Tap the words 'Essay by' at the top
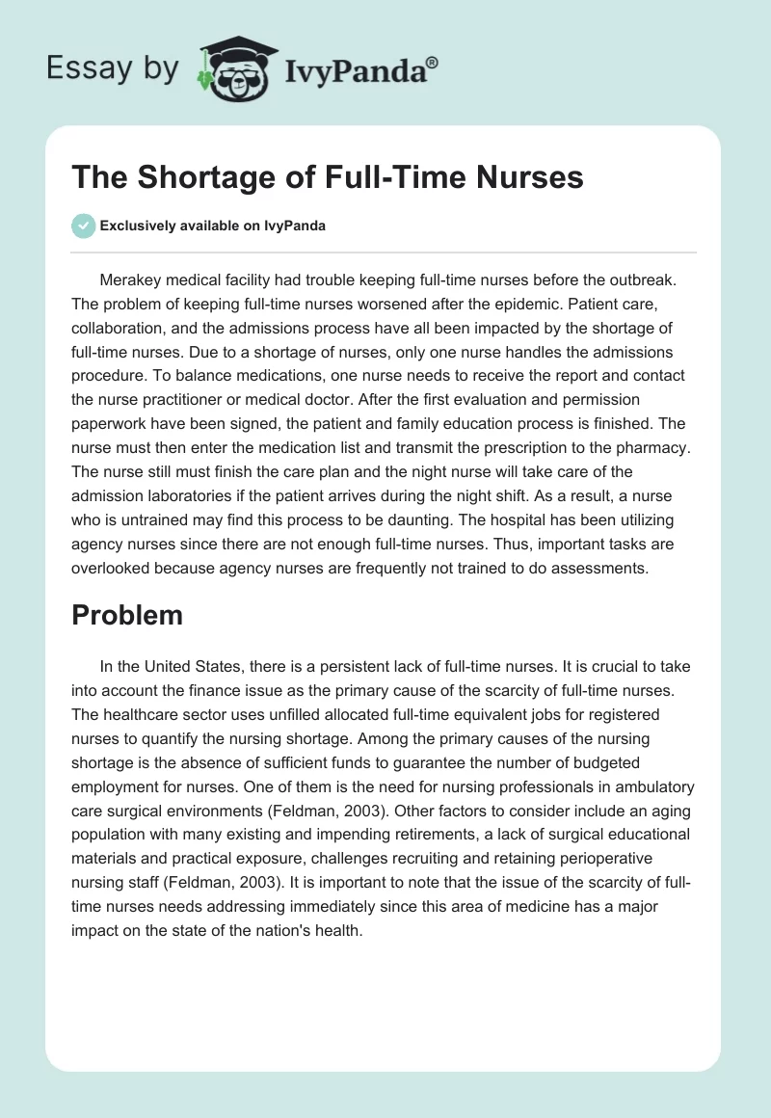point(113,69)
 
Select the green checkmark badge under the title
point(83,226)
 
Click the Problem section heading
point(127,615)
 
